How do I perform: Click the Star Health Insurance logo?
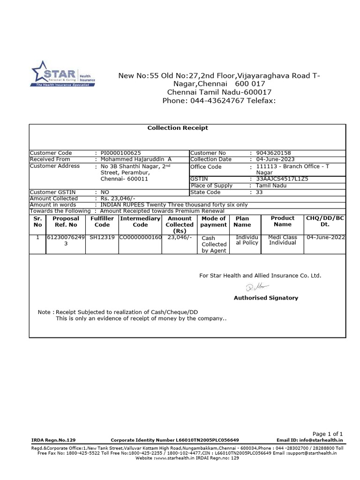(63, 74)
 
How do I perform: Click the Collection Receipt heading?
(178, 127)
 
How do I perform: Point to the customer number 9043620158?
(273, 153)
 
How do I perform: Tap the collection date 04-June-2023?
(276, 159)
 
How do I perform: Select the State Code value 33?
(260, 192)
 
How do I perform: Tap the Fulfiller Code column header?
(102, 222)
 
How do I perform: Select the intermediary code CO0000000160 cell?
(141, 238)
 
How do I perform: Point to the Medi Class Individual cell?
(283, 240)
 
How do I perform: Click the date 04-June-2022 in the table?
(325, 238)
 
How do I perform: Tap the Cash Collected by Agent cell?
(214, 244)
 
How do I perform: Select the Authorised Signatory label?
(266, 298)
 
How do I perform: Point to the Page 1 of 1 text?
(328, 434)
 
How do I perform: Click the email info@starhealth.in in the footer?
(310, 440)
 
